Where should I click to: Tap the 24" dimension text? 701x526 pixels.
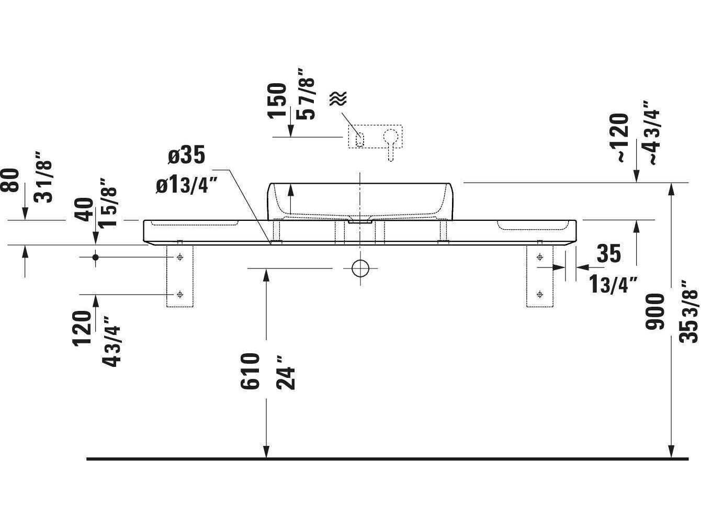(286, 372)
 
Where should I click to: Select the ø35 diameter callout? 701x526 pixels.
(186, 156)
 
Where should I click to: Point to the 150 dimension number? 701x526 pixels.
(277, 100)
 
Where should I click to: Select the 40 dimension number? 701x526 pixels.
(85, 209)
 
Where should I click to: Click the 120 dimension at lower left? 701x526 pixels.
(82, 329)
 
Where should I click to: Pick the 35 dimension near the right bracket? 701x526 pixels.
(608, 254)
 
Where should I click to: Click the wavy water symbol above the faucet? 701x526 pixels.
(338, 98)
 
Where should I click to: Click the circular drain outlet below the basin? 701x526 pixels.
(360, 268)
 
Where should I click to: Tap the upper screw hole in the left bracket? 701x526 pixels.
(180, 257)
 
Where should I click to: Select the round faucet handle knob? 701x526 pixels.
(390, 137)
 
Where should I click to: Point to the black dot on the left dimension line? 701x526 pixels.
(95, 257)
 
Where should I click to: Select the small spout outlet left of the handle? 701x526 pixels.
(359, 139)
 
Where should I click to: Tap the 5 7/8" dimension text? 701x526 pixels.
(307, 94)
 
